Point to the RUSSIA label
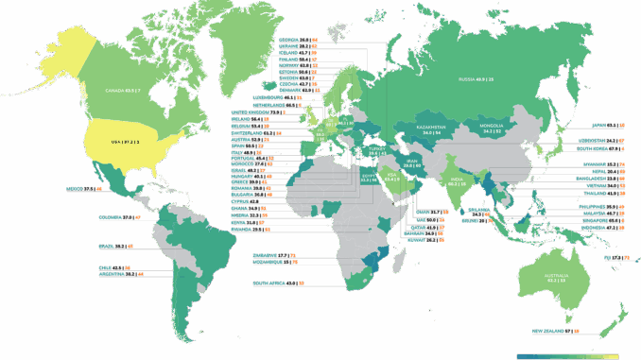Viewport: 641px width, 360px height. coord(477,78)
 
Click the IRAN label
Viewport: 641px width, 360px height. coord(412,163)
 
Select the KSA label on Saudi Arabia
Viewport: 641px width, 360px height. coord(393,177)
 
